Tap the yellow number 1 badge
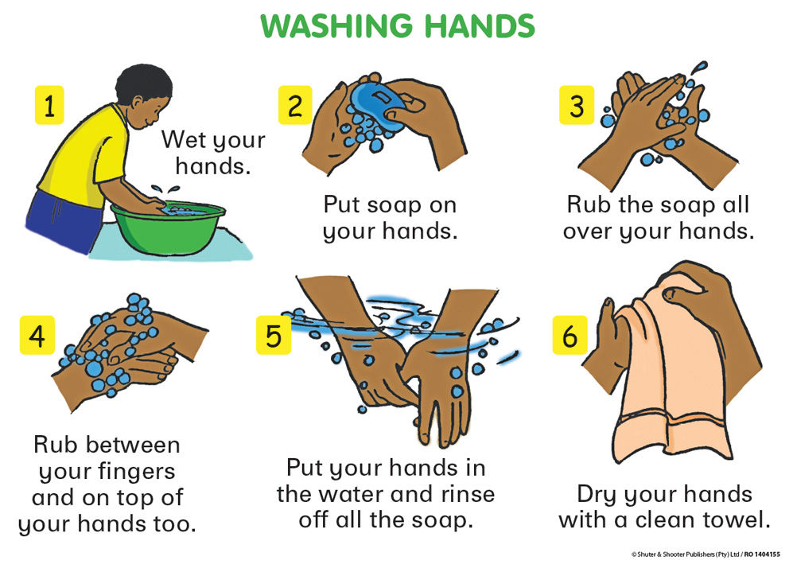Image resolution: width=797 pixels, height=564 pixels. (49, 105)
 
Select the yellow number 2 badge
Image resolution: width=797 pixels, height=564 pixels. (295, 105)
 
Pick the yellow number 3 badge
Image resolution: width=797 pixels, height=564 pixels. (577, 105)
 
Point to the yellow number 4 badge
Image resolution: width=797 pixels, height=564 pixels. (37, 335)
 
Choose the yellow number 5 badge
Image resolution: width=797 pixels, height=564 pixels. (274, 335)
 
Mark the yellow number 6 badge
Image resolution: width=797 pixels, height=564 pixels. (570, 335)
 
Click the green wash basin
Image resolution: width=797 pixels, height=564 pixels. (169, 228)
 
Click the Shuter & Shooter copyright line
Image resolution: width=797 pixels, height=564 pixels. (706, 554)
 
